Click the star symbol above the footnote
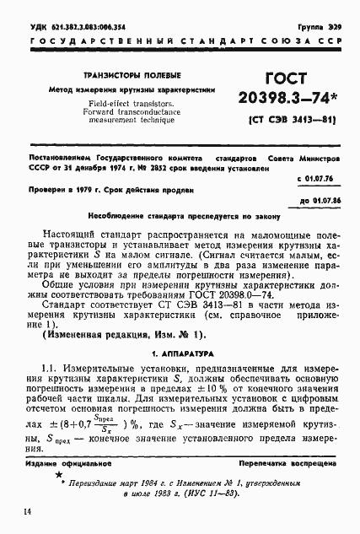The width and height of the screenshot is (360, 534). [x=59, y=454]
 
